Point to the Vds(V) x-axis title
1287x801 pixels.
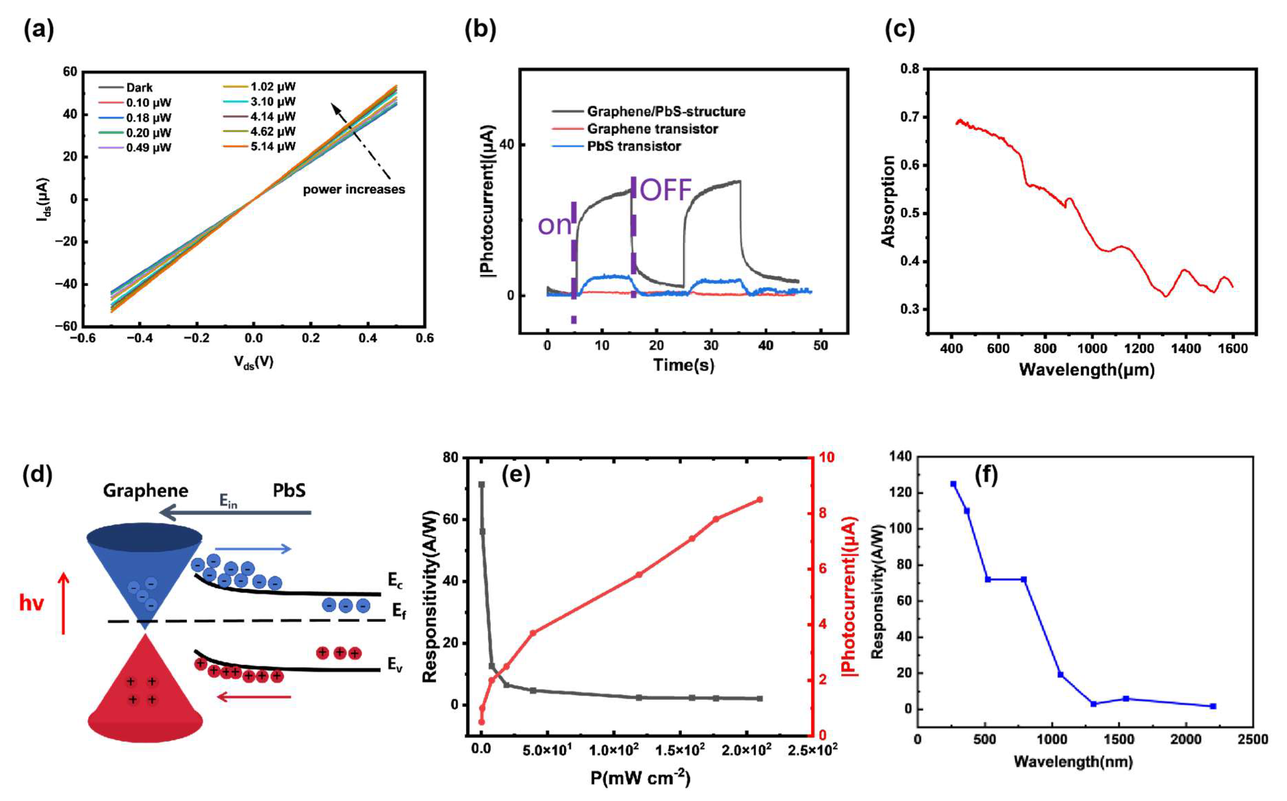[x=254, y=362]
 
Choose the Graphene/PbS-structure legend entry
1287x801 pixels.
[x=665, y=112]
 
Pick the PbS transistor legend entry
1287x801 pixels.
[x=634, y=146]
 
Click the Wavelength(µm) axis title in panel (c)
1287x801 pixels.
[x=1086, y=369]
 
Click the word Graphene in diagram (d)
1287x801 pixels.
[x=145, y=490]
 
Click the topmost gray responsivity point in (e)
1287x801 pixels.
[x=481, y=485]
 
